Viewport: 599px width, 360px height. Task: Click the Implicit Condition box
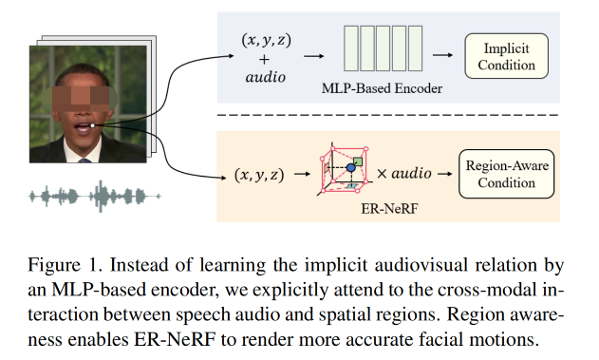coord(505,58)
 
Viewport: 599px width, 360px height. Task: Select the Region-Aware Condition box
coord(506,174)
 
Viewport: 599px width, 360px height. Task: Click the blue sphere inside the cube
coord(350,168)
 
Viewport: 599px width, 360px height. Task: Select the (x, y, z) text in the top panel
coord(264,41)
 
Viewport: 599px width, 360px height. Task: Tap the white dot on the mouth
coord(94,124)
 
